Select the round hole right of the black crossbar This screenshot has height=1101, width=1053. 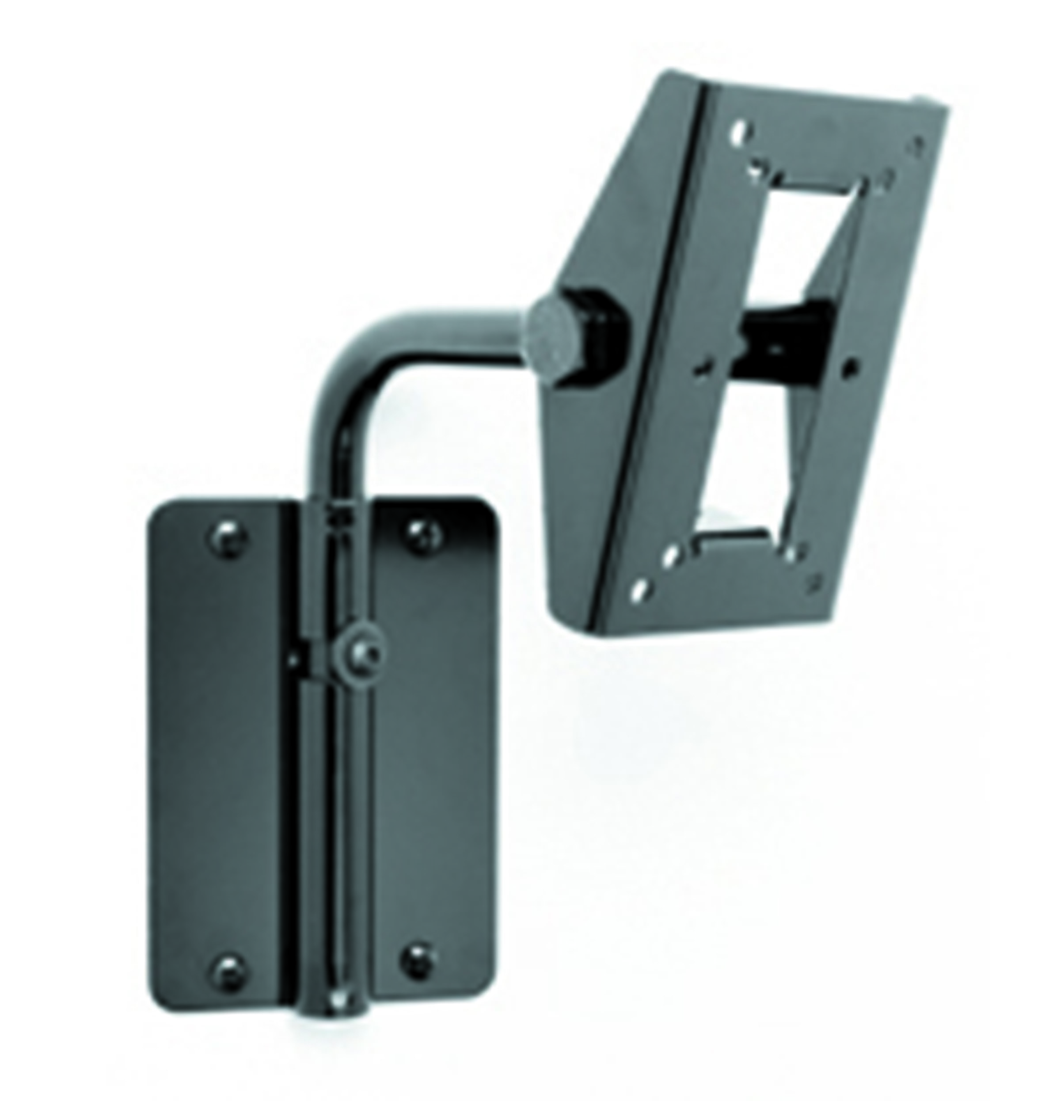(x=852, y=368)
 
